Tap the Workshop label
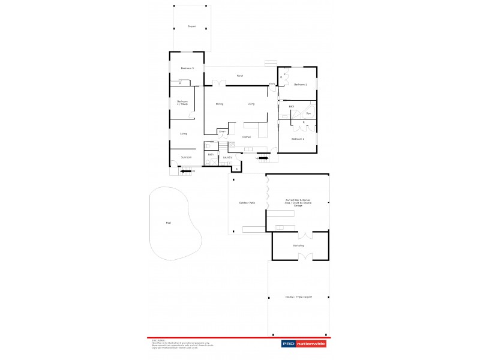[298, 245]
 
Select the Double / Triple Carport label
[298, 297]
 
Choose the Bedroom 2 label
[298, 139]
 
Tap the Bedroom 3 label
[187, 68]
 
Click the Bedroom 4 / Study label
[182, 103]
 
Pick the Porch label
[239, 76]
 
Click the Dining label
[220, 104]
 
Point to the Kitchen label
[246, 137]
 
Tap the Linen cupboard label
[222, 131]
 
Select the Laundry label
[227, 157]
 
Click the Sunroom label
[186, 157]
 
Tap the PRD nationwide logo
[304, 344]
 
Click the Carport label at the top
[192, 26]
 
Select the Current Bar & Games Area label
[298, 202]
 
